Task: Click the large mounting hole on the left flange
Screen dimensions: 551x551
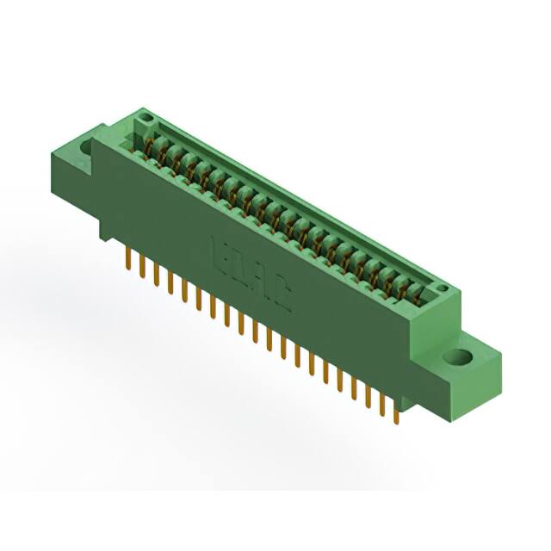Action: coord(87,146)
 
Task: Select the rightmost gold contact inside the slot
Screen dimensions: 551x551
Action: coord(419,293)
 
